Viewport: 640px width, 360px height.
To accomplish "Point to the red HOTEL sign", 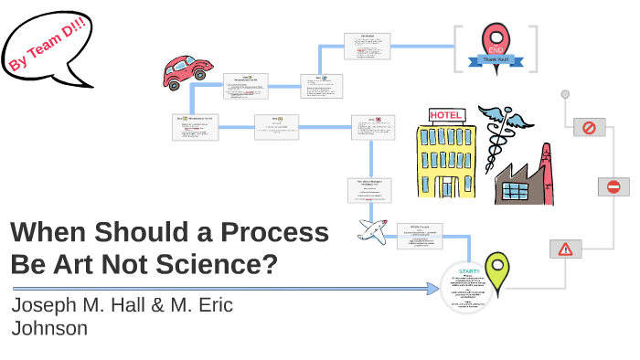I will point(448,116).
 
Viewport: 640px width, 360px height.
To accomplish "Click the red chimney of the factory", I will point(547,174).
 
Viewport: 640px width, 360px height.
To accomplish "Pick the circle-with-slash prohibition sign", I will point(589,128).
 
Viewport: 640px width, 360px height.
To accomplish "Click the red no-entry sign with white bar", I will point(613,186).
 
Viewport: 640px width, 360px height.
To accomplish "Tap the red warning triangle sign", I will point(565,249).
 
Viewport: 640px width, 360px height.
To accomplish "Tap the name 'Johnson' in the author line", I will point(49,328).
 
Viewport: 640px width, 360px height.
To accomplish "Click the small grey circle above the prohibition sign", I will point(565,93).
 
